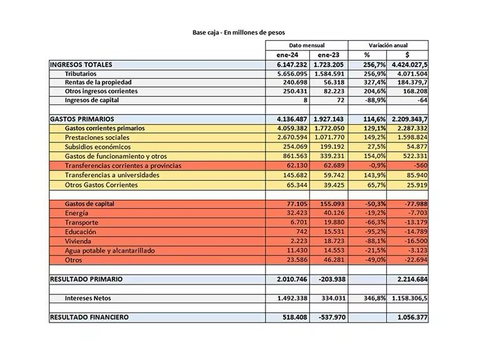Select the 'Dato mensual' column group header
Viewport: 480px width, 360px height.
coord(306,46)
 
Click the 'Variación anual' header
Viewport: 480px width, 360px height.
coord(389,46)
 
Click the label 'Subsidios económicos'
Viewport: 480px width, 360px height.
coord(99,146)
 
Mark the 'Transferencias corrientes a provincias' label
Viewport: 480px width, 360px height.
coord(123,166)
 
